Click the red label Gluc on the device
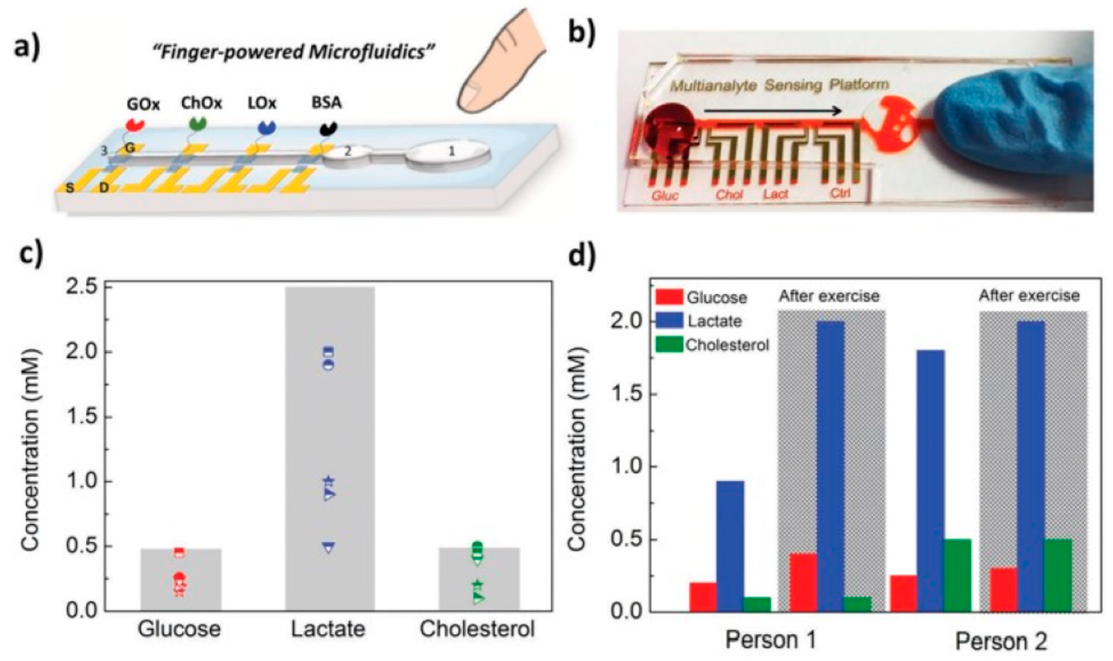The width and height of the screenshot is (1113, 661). pyautogui.click(x=665, y=195)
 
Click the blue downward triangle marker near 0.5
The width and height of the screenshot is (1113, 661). pyautogui.click(x=329, y=547)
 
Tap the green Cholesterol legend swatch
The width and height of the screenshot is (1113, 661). pyautogui.click(x=669, y=344)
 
